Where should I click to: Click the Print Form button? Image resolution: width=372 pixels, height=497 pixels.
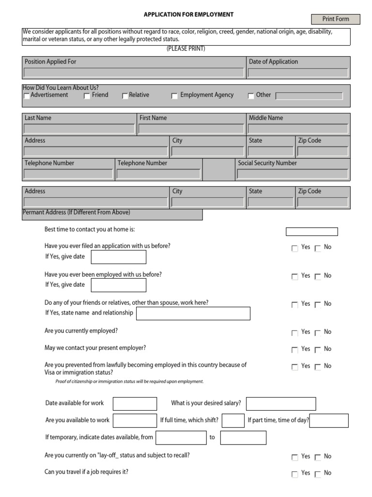tap(336, 19)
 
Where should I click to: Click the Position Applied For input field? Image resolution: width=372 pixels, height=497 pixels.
tap(134, 73)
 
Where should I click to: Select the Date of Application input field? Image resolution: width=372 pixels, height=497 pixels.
tap(298, 73)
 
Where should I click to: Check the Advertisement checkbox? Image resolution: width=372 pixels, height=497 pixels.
tap(27, 96)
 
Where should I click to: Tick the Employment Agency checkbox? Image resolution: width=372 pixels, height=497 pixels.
tap(174, 96)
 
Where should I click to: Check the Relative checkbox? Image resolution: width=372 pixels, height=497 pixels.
tap(125, 96)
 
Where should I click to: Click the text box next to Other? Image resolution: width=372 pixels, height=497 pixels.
tap(309, 96)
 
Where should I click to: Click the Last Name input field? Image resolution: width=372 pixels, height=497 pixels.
tap(79, 129)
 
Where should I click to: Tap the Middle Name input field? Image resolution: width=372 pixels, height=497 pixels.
tap(298, 129)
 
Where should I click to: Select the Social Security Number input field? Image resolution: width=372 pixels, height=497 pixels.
tap(292, 174)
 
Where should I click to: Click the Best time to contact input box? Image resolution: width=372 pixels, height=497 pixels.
tap(311, 232)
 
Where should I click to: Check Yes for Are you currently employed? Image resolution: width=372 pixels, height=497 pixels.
tap(294, 333)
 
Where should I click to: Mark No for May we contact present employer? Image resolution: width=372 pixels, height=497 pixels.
tap(318, 350)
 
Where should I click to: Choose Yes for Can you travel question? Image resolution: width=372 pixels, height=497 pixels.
tap(294, 474)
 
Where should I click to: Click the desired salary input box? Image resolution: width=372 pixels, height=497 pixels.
tap(281, 404)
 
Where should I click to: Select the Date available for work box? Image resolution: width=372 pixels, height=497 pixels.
tap(135, 404)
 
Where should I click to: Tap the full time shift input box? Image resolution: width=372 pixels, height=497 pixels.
tap(233, 420)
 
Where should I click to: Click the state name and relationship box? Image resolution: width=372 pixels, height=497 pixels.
tap(193, 314)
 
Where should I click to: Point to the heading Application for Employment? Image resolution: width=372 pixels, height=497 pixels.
tap(188, 15)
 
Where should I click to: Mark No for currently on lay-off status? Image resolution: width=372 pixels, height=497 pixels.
tap(318, 457)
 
